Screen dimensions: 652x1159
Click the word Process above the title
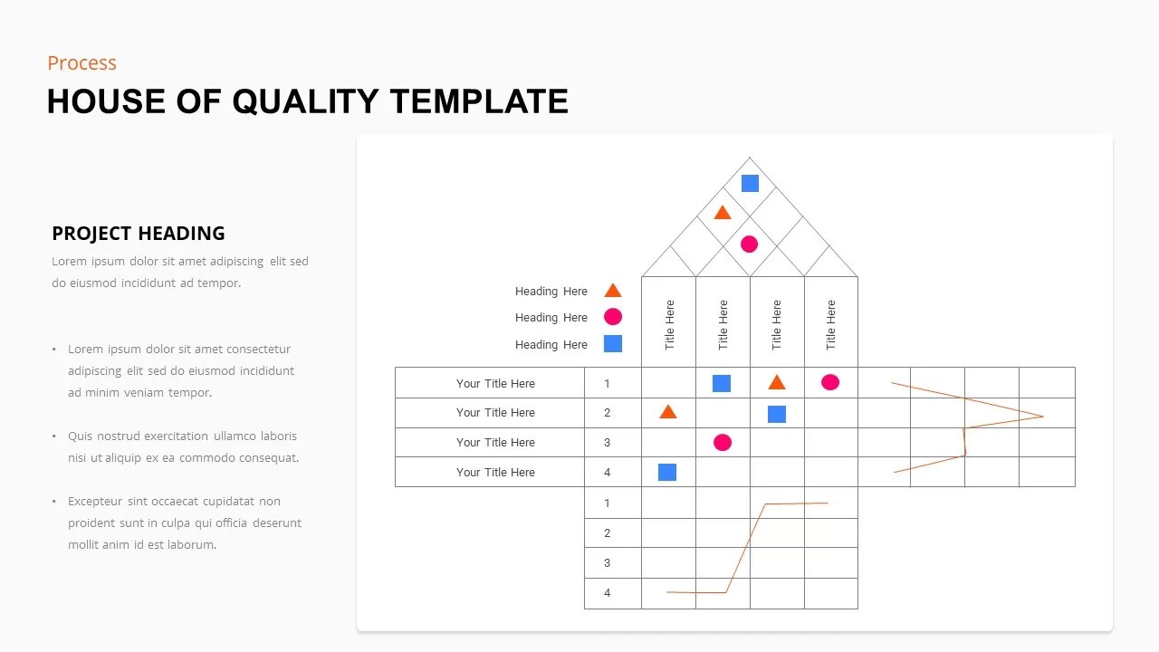pyautogui.click(x=81, y=63)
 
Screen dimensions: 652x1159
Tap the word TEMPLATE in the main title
pyautogui.click(x=479, y=101)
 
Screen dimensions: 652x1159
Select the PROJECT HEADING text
pyautogui.click(x=139, y=234)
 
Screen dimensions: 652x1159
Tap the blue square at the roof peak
pyautogui.click(x=750, y=184)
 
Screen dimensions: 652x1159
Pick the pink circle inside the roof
pyautogui.click(x=749, y=244)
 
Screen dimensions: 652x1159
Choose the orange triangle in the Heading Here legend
pyautogui.click(x=613, y=291)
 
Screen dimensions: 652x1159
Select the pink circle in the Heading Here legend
pyautogui.click(x=613, y=317)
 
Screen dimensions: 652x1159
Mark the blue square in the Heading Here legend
pyautogui.click(x=613, y=344)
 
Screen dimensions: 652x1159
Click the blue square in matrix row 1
pyautogui.click(x=722, y=383)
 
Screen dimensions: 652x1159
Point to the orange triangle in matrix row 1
pyautogui.click(x=777, y=382)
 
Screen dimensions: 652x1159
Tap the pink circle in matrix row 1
pyautogui.click(x=830, y=382)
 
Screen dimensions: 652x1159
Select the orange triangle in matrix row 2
pyautogui.click(x=668, y=412)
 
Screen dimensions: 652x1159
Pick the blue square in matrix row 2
pyautogui.click(x=777, y=414)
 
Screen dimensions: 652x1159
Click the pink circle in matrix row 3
pyautogui.click(x=723, y=442)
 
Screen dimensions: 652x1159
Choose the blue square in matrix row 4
pyautogui.click(x=667, y=472)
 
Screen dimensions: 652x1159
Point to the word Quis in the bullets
pyautogui.click(x=81, y=436)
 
